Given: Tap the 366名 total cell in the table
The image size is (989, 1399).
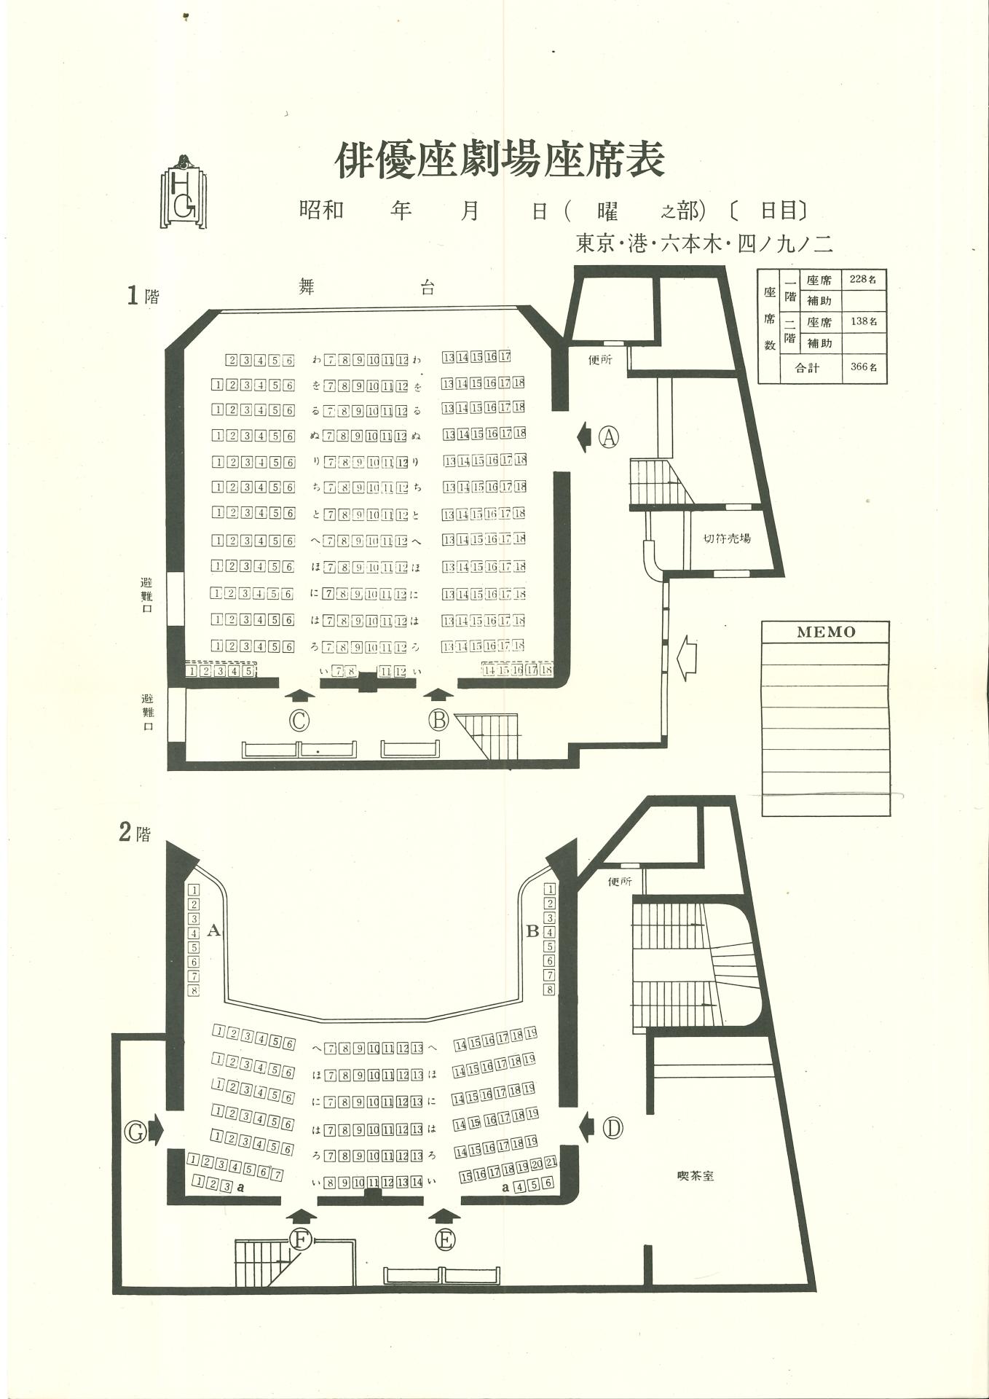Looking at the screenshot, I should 864,367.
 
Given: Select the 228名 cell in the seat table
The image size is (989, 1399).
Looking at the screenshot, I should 863,279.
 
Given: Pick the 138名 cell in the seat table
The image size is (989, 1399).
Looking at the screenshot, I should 863,321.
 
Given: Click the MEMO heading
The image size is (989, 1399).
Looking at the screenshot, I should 825,632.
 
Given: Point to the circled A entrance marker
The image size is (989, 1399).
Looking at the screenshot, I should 609,437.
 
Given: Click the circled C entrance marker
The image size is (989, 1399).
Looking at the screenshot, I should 299,720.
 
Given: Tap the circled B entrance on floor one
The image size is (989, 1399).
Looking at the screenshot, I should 438,720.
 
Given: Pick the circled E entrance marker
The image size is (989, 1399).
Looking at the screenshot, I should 445,1239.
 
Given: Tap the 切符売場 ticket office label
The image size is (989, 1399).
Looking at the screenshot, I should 726,538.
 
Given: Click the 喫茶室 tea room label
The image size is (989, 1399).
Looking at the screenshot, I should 695,1175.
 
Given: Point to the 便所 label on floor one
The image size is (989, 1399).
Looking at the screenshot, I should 600,359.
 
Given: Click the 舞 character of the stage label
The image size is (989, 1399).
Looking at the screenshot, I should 307,286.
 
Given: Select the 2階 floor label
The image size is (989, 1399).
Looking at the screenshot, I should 135,832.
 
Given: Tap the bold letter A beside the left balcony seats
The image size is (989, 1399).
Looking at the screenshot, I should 213,930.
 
